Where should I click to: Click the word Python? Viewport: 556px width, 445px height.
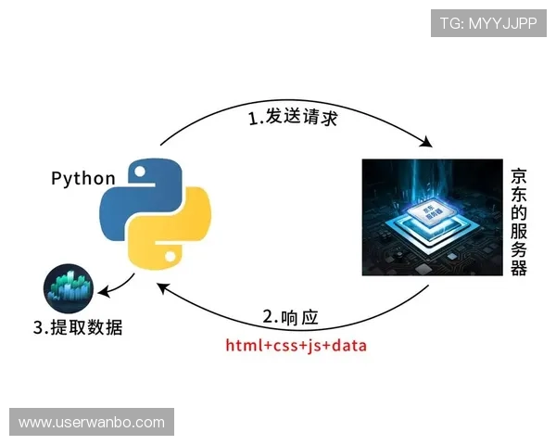click(83, 179)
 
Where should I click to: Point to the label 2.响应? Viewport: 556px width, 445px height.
click(290, 318)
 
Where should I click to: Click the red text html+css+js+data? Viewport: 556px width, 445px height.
click(296, 347)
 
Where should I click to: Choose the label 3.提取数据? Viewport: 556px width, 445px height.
click(78, 328)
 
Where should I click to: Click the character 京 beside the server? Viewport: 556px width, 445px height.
click(519, 175)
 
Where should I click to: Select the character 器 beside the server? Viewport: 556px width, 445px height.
click(519, 268)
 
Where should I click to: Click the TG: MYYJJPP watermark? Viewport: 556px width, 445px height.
click(488, 23)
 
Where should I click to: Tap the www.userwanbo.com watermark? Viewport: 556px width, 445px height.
click(92, 423)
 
